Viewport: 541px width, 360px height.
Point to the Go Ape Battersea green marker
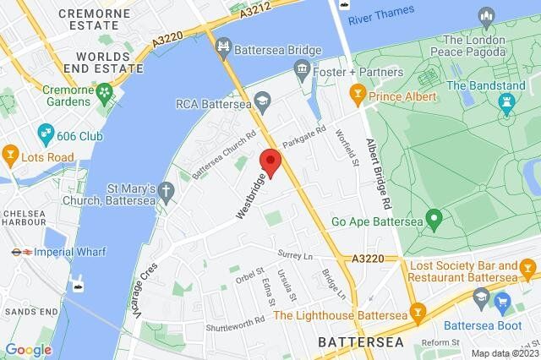tap(434, 221)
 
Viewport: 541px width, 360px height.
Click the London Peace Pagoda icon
tap(487, 16)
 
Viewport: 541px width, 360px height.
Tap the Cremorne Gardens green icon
tap(105, 90)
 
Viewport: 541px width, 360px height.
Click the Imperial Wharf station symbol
tap(19, 250)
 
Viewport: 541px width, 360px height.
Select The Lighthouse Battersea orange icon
tap(416, 311)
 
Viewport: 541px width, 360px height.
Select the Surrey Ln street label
tap(296, 255)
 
